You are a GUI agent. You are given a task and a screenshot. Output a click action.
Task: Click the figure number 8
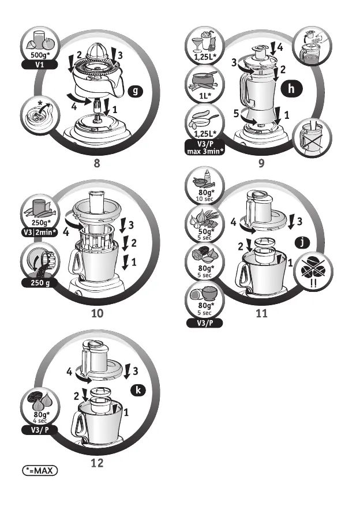(x=97, y=163)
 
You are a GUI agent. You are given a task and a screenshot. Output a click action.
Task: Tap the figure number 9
(x=261, y=163)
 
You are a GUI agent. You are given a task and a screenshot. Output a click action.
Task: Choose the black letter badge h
(x=292, y=89)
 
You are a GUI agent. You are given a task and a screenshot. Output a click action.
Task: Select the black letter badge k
(x=138, y=391)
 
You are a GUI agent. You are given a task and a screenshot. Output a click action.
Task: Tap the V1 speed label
(x=39, y=65)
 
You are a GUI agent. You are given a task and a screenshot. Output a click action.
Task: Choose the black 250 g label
(x=39, y=283)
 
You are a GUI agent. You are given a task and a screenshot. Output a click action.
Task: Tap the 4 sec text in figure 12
(x=39, y=421)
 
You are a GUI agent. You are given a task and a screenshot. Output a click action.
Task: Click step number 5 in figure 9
(x=237, y=114)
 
